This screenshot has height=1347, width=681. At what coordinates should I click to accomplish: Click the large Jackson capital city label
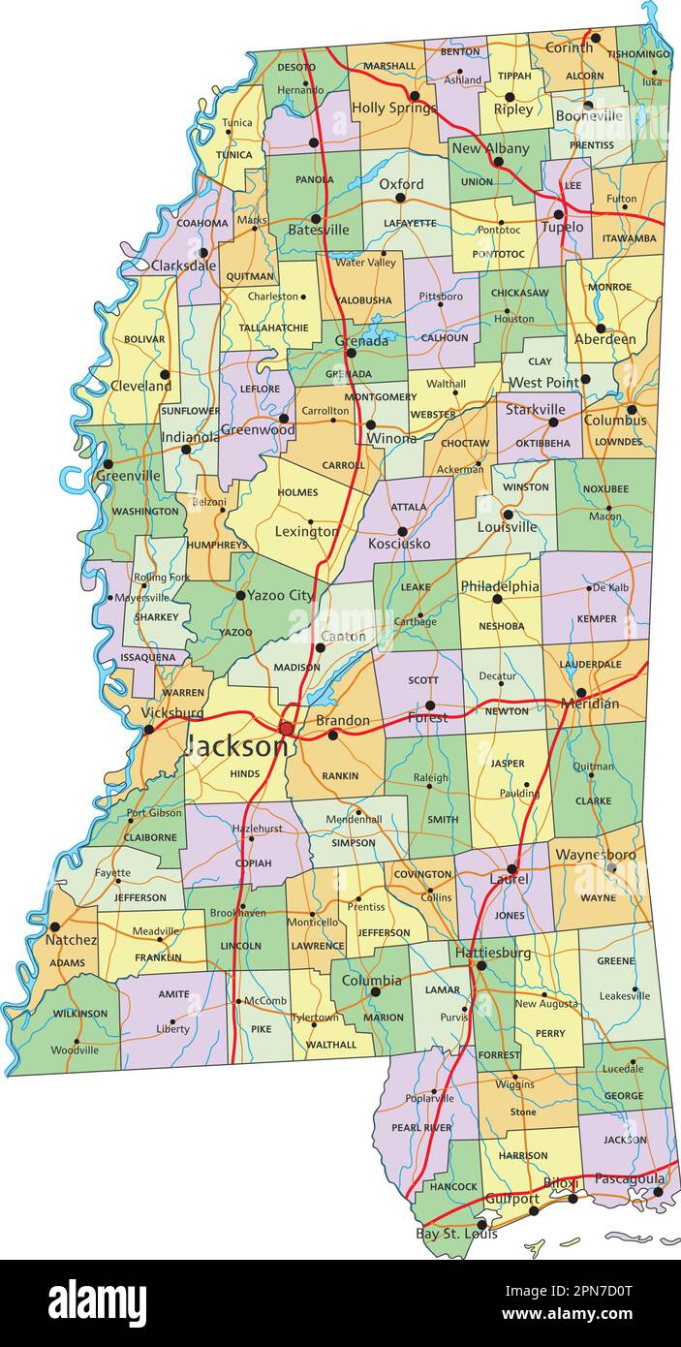[235, 746]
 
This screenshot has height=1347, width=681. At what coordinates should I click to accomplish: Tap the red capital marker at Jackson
[287, 728]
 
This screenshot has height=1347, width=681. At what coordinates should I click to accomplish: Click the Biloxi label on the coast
[560, 1183]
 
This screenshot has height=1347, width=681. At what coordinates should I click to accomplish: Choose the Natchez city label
[72, 940]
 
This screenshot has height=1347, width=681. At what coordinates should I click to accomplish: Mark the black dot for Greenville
[108, 464]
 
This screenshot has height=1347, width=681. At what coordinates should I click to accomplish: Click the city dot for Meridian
[581, 692]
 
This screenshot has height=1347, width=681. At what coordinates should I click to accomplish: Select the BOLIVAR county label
[144, 339]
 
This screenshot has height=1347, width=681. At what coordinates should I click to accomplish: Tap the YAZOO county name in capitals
[235, 632]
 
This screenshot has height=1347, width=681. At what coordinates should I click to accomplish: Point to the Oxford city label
[401, 183]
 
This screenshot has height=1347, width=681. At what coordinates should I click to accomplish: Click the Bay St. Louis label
[456, 1234]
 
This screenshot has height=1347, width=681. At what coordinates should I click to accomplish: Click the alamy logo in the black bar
[97, 1302]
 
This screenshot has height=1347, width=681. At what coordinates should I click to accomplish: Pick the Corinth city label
[569, 47]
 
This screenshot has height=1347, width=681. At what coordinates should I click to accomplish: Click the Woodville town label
[75, 1049]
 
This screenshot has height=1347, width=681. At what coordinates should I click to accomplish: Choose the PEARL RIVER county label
[420, 1127]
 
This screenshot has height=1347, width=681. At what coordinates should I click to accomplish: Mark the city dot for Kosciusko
[402, 532]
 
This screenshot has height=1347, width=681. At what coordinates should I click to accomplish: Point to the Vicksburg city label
[172, 712]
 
